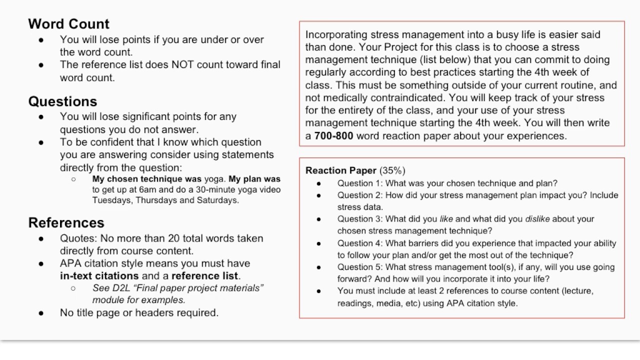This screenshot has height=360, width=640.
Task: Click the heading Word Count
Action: [68, 24]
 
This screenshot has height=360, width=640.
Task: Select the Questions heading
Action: [62, 101]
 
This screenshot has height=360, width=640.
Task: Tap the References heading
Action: [66, 222]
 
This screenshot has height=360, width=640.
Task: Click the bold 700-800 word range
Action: [333, 136]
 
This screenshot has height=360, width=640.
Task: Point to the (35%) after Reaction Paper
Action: [392, 170]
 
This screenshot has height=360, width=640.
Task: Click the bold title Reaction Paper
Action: [341, 170]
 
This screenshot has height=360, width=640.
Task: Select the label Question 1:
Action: [360, 183]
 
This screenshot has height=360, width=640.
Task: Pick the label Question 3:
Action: [360, 219]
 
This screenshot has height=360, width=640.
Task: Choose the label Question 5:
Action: [360, 267]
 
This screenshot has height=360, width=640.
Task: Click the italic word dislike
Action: [537, 219]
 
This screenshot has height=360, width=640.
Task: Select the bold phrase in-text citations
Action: [99, 275]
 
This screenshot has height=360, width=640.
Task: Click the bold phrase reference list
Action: [205, 275]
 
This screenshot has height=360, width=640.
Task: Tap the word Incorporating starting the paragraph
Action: [336, 34]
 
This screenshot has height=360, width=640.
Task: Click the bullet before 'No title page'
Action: [41, 313]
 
